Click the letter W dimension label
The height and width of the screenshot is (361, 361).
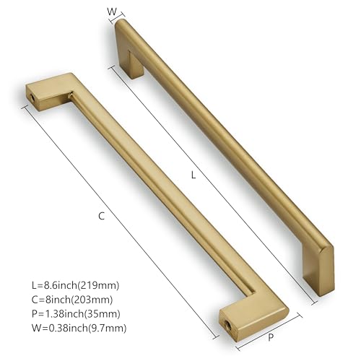110,11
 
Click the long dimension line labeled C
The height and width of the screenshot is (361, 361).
119,220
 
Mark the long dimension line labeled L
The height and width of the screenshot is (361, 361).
209,180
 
